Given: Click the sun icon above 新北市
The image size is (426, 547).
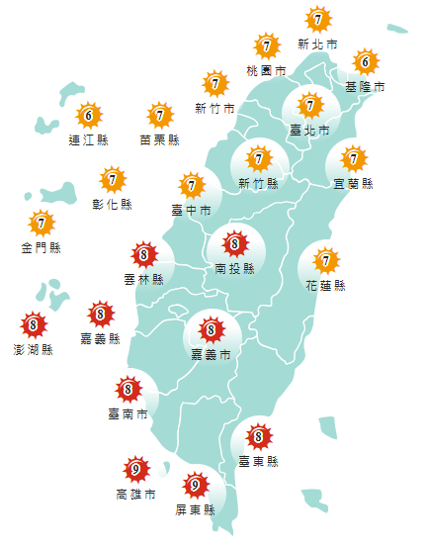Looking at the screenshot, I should tap(317, 19).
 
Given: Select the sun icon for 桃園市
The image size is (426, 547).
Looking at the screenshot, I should tap(267, 46).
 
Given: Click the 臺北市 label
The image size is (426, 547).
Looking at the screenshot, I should tap(309, 129).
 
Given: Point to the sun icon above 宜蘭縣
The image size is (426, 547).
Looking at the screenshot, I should tap(354, 157).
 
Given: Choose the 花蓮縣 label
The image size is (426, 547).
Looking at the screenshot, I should tap(326, 286).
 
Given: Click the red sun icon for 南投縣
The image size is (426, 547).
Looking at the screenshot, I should tap(235, 242).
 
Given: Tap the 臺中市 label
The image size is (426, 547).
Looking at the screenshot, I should tap(191, 210).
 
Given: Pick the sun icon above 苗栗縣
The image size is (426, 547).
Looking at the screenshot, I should tap(160, 115).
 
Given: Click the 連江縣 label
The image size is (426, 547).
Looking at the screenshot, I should tap(88, 139).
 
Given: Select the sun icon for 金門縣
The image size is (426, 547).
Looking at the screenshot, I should tap(41, 223).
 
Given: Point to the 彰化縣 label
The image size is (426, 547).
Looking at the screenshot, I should tap(113, 205).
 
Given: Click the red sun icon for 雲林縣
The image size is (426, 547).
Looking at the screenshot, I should tap(145, 255).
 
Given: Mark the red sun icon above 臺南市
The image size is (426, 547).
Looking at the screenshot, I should tap(128, 389).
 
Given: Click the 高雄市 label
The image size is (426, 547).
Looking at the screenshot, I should tap(135, 494).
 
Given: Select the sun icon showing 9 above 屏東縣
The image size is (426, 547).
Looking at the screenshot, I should tap(196, 486).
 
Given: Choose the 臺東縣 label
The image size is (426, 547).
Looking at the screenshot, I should tap(259, 461).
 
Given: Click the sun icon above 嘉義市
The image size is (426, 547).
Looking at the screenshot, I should tap(212, 329).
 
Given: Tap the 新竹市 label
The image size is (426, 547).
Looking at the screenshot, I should tap(214, 108).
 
